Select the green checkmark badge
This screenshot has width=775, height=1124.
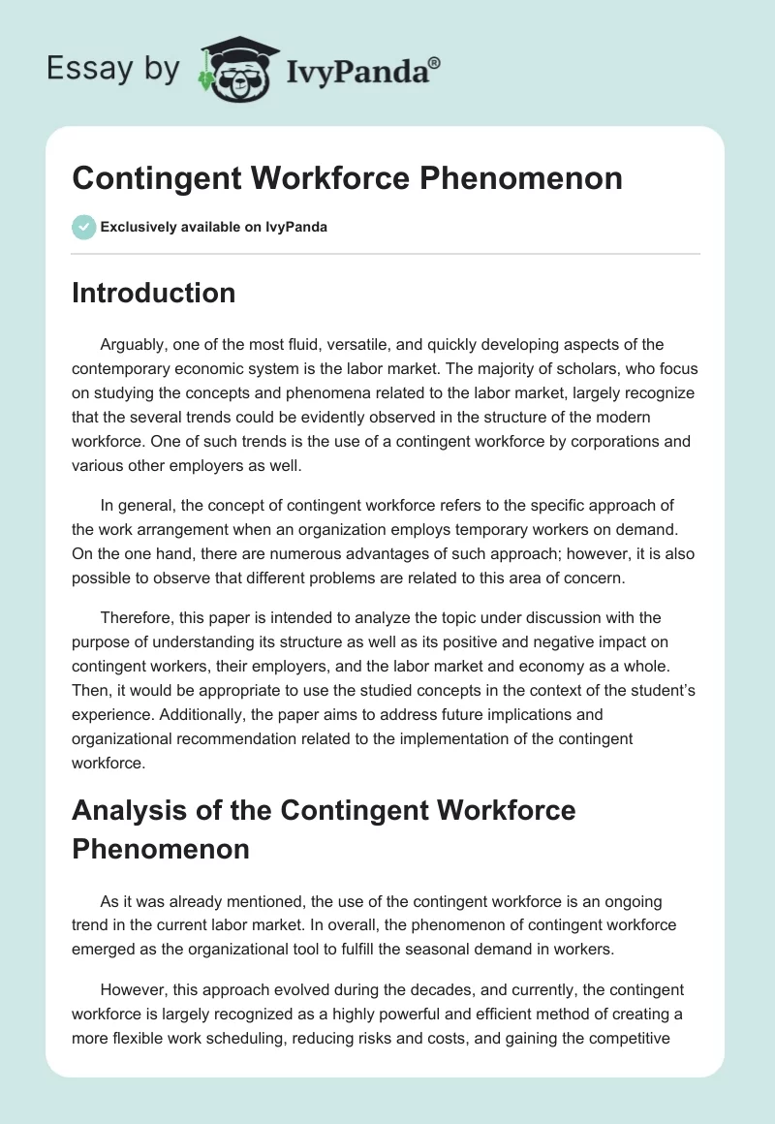coord(83,227)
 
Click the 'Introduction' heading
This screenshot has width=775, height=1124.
coord(153,293)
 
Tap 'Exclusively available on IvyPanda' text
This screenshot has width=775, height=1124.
coord(214,228)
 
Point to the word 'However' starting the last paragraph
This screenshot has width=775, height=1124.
coord(133,990)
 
